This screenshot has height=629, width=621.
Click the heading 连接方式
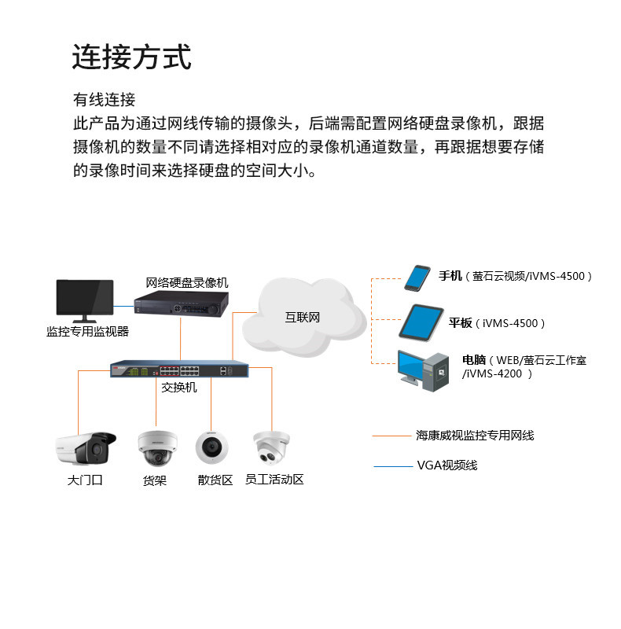click(x=131, y=57)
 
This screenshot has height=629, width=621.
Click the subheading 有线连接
click(x=104, y=100)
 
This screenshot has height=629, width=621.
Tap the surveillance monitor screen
click(x=84, y=300)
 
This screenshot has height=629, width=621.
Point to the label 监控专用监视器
click(x=87, y=332)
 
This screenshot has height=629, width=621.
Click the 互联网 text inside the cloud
click(x=302, y=318)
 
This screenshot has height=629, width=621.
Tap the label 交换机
click(x=179, y=388)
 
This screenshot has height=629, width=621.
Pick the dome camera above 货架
click(x=152, y=448)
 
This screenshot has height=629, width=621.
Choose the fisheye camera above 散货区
click(x=211, y=447)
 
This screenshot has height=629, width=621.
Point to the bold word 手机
click(x=450, y=276)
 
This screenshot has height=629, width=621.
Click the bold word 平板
click(x=461, y=323)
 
